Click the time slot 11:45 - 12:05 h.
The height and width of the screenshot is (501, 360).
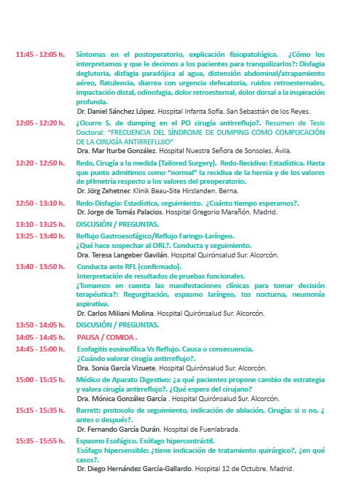coord(40,55)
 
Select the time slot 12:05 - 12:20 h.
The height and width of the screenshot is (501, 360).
coord(40,123)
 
